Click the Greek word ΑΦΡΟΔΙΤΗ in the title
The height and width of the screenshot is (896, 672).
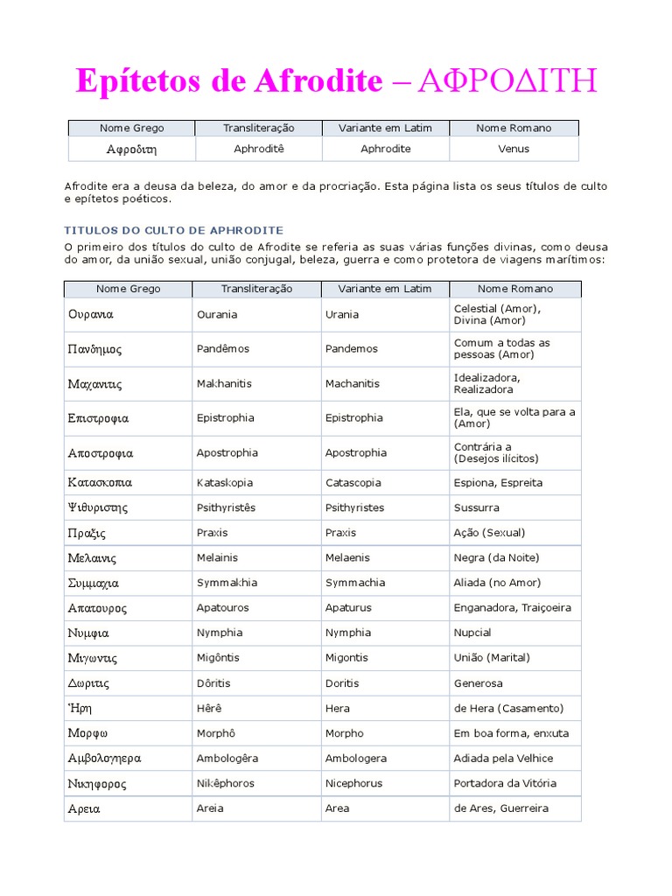[x=507, y=81]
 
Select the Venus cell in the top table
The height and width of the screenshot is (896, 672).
[x=514, y=149]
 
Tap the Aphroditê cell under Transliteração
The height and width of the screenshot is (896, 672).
[x=259, y=149]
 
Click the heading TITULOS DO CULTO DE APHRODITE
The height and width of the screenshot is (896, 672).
[x=174, y=230]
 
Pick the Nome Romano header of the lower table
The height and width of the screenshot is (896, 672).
[x=516, y=289]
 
